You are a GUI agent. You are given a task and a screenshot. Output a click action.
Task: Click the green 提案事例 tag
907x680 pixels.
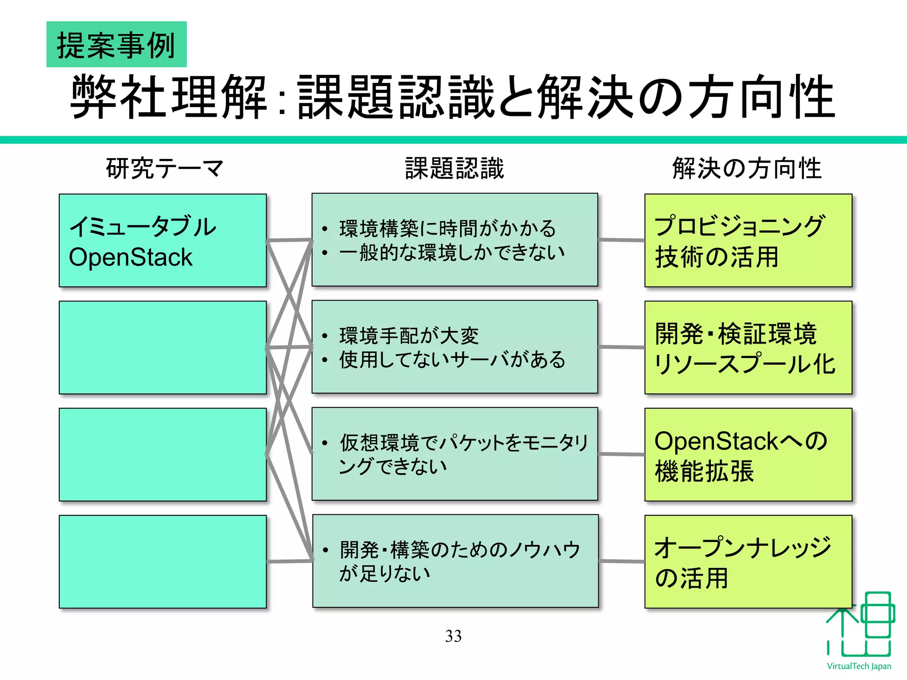(x=116, y=44)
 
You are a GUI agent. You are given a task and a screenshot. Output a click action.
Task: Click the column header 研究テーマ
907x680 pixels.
(x=164, y=169)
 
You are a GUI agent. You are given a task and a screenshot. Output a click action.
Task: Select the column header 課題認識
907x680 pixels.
(x=454, y=169)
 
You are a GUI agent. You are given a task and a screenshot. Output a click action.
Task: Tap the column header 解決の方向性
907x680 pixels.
(x=747, y=169)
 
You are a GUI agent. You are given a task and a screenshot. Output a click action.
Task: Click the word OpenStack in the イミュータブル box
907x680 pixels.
(x=131, y=257)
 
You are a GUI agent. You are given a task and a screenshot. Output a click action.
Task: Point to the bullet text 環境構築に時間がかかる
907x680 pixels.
(x=447, y=229)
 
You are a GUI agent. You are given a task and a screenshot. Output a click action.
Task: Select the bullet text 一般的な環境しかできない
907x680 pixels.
(x=452, y=252)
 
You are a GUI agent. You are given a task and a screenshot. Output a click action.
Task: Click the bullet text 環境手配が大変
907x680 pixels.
(x=409, y=336)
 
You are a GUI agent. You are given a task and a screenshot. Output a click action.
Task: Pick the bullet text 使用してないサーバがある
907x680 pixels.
(x=452, y=359)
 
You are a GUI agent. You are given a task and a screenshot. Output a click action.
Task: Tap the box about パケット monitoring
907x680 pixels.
(x=455, y=454)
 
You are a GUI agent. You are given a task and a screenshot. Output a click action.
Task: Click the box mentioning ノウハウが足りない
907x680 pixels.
(x=455, y=561)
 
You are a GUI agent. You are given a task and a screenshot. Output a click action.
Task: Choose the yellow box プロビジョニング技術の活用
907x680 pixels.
(x=748, y=240)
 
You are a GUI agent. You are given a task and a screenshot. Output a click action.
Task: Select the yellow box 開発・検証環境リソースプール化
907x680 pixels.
(x=748, y=348)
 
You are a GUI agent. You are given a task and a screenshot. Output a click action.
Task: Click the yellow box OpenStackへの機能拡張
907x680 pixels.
(x=748, y=455)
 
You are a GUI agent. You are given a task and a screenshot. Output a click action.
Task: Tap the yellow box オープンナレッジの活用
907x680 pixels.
(x=748, y=561)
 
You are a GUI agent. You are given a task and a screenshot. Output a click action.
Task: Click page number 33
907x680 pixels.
(x=453, y=636)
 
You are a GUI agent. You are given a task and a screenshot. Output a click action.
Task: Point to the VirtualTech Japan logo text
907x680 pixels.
(x=859, y=666)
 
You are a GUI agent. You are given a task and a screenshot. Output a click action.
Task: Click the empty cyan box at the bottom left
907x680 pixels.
(x=163, y=561)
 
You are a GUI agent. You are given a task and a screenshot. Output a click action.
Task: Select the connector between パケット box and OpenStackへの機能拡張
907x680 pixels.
(x=621, y=454)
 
